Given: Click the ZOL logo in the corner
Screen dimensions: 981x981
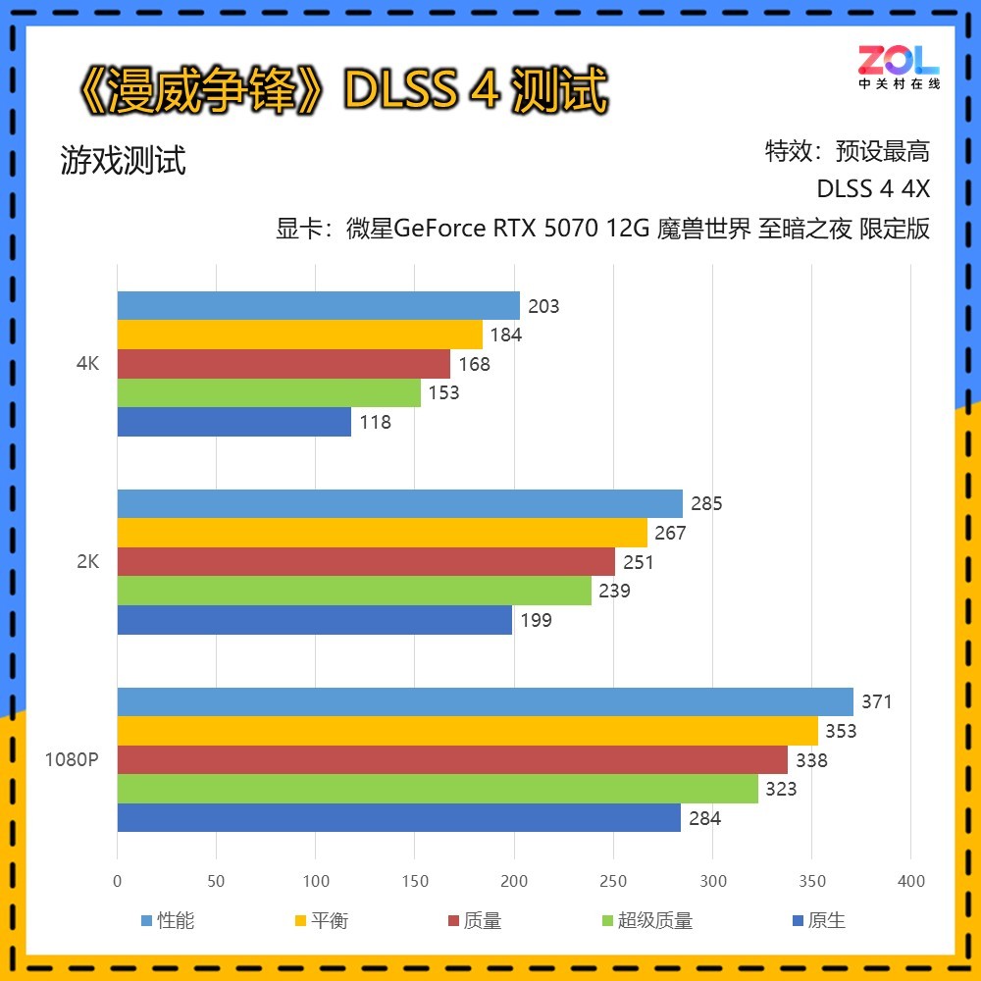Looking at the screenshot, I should pos(899,67).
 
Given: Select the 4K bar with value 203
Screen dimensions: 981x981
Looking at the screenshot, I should pos(319,306).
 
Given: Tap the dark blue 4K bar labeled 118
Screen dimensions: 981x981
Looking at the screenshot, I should pos(234,422).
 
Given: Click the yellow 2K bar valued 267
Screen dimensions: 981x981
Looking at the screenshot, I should pos(383,533).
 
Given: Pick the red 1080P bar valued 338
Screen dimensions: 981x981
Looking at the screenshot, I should pos(452,760).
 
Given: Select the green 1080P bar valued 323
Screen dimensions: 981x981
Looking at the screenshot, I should pos(438,789).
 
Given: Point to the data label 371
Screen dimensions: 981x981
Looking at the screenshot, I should pos(877,702).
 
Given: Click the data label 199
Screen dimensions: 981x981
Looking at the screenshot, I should pos(536,620).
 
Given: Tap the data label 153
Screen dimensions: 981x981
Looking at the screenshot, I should pos(443,393).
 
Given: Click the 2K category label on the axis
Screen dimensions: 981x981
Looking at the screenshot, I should pos(87,562).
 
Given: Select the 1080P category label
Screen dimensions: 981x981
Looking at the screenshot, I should pos(72,760).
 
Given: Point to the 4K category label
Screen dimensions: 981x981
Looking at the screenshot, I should pos(87,364).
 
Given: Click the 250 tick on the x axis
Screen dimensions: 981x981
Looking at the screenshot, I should pos(613,881).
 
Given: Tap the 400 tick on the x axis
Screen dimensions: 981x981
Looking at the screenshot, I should pos(911,881).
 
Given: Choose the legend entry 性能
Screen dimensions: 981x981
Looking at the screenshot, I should pos(168,920).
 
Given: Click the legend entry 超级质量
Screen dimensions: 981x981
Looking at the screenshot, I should pos(646,920).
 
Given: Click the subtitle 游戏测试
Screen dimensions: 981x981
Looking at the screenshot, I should pos(123,160).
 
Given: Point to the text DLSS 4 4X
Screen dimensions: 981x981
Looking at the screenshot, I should pos(873,189).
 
